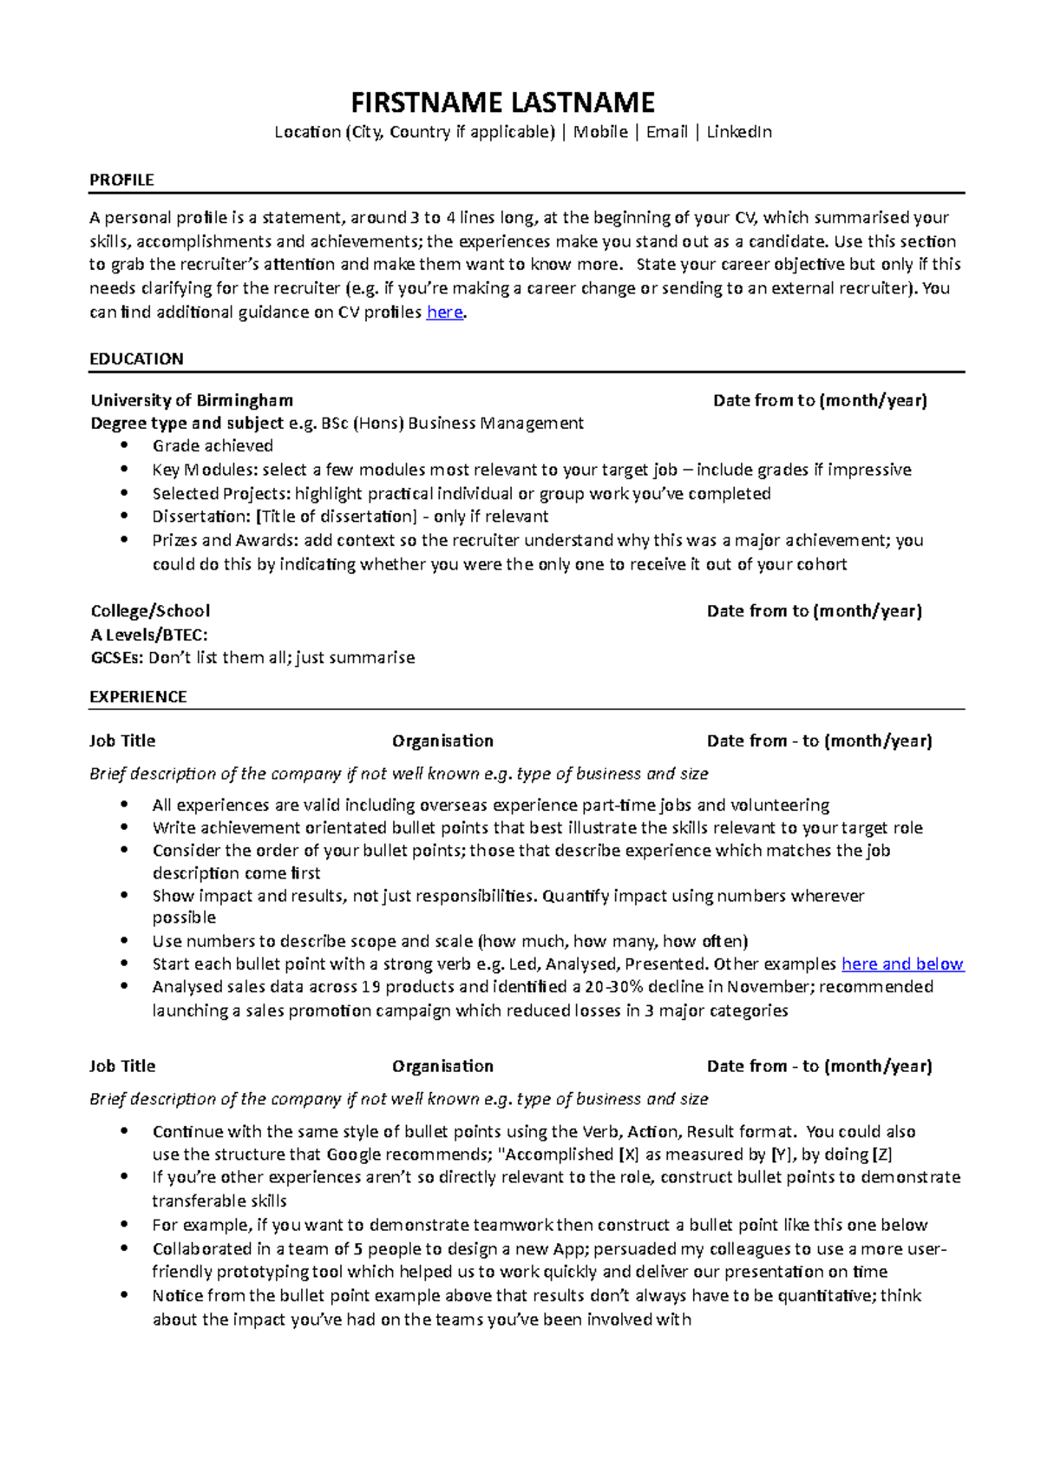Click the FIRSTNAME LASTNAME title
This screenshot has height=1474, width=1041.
[x=502, y=103]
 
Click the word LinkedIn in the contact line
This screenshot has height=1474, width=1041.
[x=738, y=132]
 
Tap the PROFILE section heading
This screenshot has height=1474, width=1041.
[x=121, y=180]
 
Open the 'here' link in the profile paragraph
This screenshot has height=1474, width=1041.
[x=444, y=313]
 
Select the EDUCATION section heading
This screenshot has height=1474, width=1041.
[x=136, y=359]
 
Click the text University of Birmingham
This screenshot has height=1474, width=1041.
[x=192, y=400]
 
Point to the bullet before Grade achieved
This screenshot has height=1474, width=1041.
[x=125, y=445]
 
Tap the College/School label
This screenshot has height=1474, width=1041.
[x=150, y=611]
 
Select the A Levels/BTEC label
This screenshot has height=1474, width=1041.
[x=148, y=635]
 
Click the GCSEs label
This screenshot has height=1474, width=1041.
[x=116, y=658]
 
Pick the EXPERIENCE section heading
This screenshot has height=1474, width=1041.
[x=138, y=697]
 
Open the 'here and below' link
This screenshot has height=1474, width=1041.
[x=902, y=964]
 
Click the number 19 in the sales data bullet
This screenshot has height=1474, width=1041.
[x=370, y=987]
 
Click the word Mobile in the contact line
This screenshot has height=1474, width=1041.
[x=600, y=132]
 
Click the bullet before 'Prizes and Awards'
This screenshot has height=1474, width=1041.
[x=125, y=540]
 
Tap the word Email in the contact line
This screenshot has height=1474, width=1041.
[x=666, y=132]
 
